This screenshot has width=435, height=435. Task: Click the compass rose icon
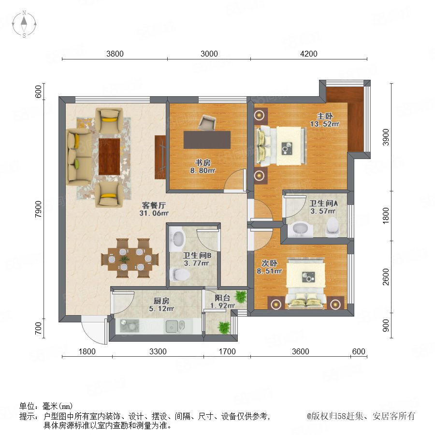click(24, 24)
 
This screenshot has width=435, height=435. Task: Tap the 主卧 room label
click(325, 116)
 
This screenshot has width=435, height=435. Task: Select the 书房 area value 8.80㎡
click(203, 171)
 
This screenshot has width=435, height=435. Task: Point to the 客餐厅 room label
click(154, 205)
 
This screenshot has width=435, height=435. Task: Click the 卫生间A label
click(323, 203)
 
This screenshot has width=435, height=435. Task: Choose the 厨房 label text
click(161, 301)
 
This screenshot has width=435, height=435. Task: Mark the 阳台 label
click(222, 298)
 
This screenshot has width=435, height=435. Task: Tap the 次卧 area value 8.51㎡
click(269, 271)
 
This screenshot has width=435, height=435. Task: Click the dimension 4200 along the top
click(308, 54)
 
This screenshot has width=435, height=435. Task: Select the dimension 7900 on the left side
click(38, 209)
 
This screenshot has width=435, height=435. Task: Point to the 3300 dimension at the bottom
click(158, 351)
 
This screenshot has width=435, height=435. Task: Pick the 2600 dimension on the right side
click(386, 277)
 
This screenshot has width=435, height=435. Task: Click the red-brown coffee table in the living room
click(109, 157)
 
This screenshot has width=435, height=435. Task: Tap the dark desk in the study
click(207, 140)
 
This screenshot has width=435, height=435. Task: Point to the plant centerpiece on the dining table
click(124, 260)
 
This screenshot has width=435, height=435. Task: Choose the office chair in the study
click(207, 122)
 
